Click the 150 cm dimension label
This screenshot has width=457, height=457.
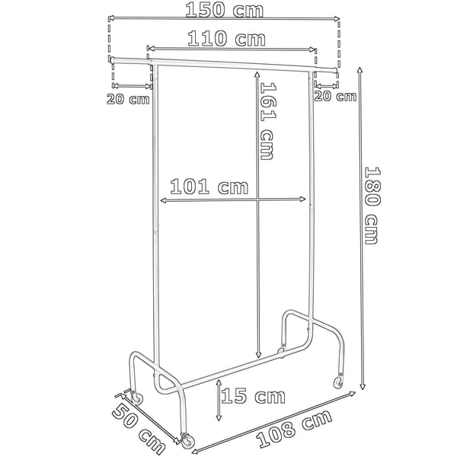(x=225, y=9)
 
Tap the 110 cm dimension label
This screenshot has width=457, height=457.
(x=226, y=39)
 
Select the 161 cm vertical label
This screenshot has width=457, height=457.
(x=267, y=121)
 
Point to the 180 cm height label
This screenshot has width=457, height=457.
(x=372, y=206)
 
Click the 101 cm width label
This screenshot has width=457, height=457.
(x=209, y=187)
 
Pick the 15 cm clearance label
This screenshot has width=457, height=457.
(x=254, y=396)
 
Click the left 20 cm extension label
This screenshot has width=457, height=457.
(x=128, y=99)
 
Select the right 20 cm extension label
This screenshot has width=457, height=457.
(x=335, y=96)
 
